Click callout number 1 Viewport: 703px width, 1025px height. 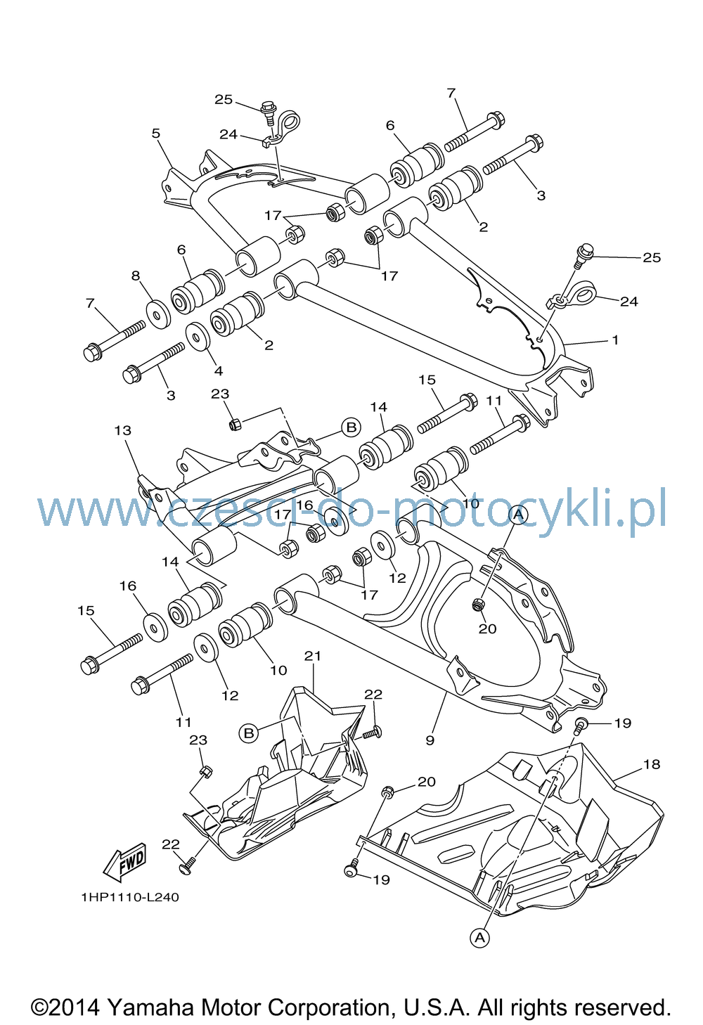(x=616, y=340)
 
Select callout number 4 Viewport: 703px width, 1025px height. (x=219, y=370)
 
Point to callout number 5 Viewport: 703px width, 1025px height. (x=156, y=134)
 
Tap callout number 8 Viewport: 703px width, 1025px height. (x=136, y=276)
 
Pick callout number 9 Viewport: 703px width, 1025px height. (x=430, y=740)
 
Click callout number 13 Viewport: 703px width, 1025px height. (x=122, y=430)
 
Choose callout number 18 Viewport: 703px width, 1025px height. (x=652, y=764)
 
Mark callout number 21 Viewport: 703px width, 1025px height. (x=313, y=656)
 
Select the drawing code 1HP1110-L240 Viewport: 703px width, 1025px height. (x=130, y=897)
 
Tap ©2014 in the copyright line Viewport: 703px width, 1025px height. (x=65, y=1007)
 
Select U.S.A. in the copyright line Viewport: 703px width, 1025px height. (x=438, y=1007)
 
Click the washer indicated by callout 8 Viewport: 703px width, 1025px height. (x=158, y=314)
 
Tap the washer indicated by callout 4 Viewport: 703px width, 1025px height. (x=198, y=337)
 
